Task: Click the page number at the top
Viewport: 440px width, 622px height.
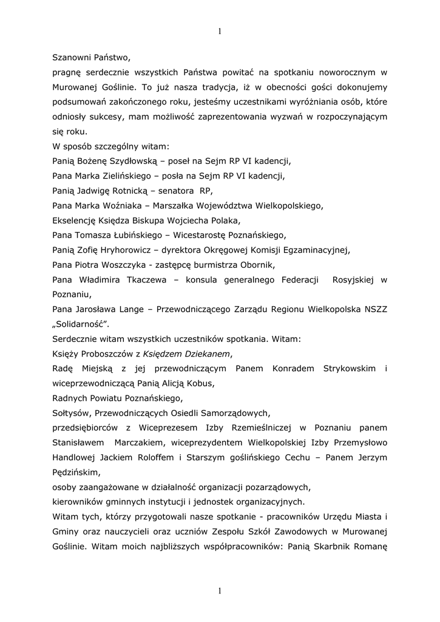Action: [220, 32]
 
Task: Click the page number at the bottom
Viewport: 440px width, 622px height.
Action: [220, 591]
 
